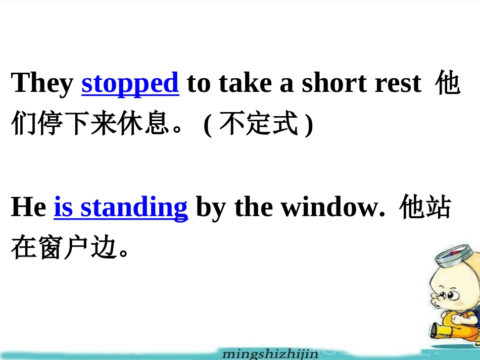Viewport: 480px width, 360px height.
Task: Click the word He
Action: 28,207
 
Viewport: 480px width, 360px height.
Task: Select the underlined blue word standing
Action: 134,208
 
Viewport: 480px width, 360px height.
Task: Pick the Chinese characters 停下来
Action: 76,125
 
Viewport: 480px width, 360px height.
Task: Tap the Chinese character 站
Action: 438,208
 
